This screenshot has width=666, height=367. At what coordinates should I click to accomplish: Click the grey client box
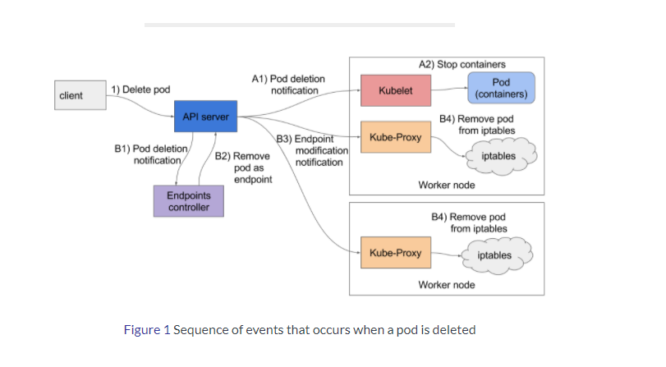[80, 96]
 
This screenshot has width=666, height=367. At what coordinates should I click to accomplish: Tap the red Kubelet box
[396, 89]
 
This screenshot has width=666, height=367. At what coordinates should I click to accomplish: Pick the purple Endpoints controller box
[188, 201]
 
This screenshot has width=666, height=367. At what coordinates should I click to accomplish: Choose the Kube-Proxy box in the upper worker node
[396, 137]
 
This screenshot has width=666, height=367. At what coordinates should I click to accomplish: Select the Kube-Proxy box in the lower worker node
[396, 253]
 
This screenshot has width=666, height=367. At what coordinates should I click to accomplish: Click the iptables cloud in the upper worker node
[499, 155]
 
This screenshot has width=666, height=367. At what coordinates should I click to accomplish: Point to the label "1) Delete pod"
[141, 89]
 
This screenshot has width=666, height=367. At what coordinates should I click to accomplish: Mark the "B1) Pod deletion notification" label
[152, 154]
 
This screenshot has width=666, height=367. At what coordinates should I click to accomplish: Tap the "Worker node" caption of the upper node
[446, 186]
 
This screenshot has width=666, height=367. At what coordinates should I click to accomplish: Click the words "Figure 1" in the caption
[146, 330]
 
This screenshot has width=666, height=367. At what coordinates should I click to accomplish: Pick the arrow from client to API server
[140, 101]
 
